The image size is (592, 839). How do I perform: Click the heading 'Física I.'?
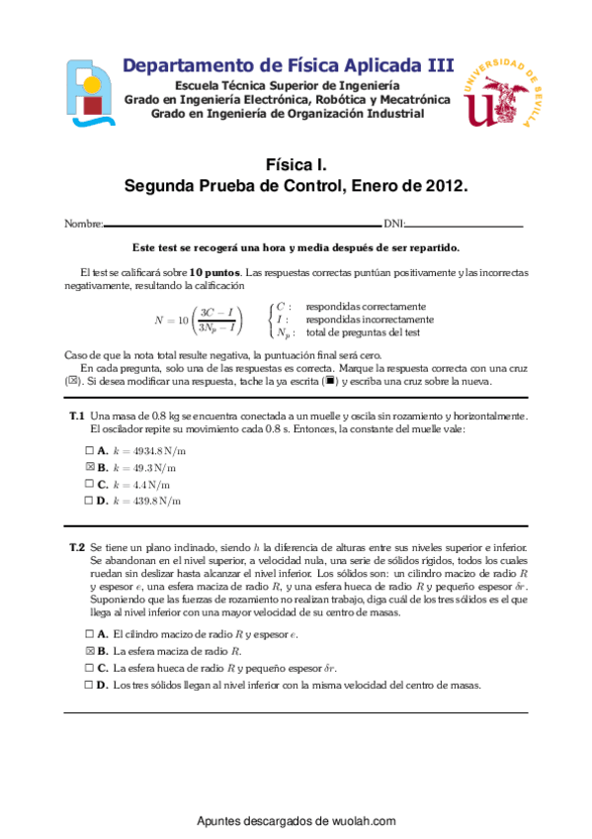[x=296, y=165]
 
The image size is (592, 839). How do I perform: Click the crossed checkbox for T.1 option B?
[x=89, y=467]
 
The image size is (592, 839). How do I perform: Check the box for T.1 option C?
[x=89, y=484]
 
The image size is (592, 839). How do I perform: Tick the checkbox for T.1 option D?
[x=89, y=501]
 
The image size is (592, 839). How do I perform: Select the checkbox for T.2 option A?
[x=89, y=634]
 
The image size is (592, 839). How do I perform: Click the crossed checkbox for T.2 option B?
[x=89, y=651]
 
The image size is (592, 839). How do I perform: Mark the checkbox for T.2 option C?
[x=89, y=668]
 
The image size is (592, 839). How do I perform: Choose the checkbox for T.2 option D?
[x=89, y=685]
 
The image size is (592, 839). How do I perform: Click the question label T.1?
[x=76, y=417]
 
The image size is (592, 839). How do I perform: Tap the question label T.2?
[x=76, y=547]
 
